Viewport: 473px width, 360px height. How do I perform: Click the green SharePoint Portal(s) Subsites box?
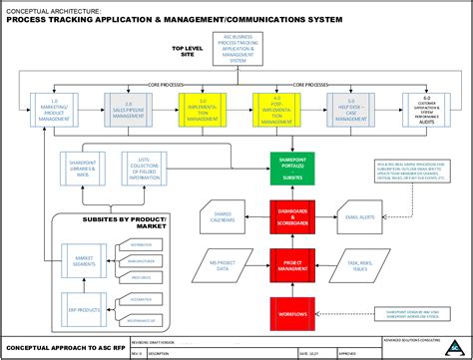pyautogui.click(x=291, y=169)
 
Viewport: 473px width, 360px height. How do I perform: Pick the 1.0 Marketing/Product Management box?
pyautogui.click(x=47, y=109)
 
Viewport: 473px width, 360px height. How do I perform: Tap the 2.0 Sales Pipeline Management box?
pyautogui.click(x=123, y=109)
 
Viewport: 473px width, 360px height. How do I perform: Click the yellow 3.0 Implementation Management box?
pyautogui.click(x=199, y=109)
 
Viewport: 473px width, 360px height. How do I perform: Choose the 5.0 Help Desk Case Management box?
pyautogui.click(x=348, y=109)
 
